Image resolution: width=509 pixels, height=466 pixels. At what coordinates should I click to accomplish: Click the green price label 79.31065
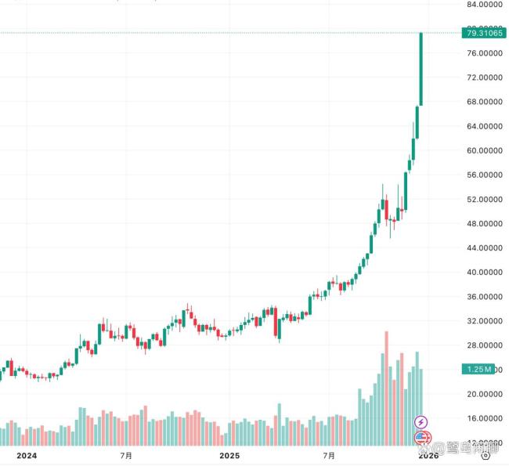(x=484, y=33)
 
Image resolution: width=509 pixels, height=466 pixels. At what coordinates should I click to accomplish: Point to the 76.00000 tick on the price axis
(x=484, y=53)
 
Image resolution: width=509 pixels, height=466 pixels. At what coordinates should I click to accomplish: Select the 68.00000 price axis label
(x=484, y=102)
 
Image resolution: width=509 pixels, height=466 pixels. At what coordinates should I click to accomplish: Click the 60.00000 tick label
(x=484, y=150)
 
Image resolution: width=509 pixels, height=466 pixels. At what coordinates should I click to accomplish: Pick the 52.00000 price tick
(x=484, y=199)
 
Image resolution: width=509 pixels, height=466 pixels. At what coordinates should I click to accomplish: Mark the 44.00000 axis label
(x=484, y=247)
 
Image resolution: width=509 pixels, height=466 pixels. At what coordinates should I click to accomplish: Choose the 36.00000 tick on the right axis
(x=484, y=296)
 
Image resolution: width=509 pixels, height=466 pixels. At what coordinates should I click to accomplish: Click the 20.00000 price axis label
(x=484, y=394)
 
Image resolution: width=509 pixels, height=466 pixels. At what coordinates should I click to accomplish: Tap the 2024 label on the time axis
(x=27, y=454)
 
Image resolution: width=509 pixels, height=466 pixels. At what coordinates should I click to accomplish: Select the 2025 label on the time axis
(x=229, y=454)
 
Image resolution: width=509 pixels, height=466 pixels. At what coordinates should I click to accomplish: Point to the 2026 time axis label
(x=428, y=454)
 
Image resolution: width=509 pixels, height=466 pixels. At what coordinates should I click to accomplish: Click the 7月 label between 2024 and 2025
(x=125, y=454)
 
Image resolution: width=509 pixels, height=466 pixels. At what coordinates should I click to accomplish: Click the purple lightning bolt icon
(x=421, y=422)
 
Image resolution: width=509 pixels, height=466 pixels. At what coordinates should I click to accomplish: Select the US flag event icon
(x=421, y=437)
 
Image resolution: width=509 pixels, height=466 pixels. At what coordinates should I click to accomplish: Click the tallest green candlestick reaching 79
(x=421, y=69)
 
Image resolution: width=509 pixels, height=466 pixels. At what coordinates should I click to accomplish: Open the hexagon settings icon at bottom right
(x=486, y=453)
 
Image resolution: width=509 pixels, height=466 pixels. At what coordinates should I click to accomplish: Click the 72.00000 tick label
(x=484, y=78)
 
